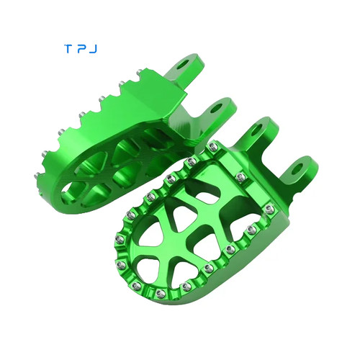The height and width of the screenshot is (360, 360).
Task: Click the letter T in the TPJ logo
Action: click(x=68, y=49)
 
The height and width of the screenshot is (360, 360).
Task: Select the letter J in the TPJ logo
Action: click(x=94, y=49)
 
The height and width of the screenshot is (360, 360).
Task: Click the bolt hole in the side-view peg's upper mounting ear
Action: click(x=186, y=63)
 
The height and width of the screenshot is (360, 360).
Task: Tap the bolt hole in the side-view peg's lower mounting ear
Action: click(x=217, y=108)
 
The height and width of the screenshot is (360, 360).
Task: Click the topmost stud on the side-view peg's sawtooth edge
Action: click(x=140, y=72)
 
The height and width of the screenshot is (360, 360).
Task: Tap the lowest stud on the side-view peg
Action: click(x=37, y=176)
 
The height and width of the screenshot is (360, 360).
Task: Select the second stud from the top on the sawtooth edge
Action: click(x=122, y=84)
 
